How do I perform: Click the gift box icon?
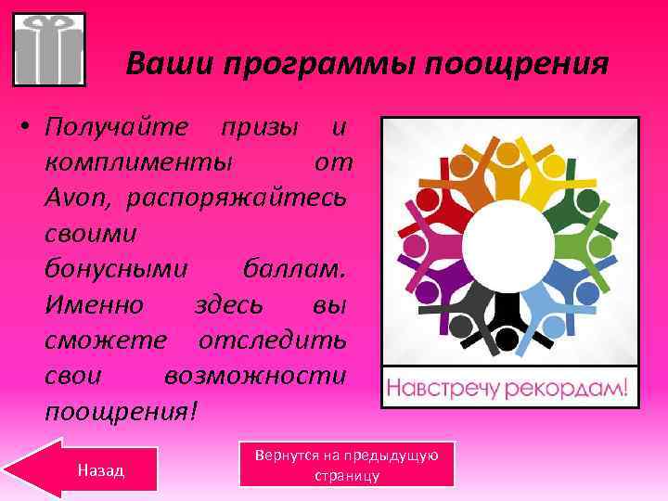click(49, 49)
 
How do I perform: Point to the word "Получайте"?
click(116, 125)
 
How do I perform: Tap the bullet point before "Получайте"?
click(29, 126)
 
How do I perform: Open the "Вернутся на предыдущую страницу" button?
click(346, 465)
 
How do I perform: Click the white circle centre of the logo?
click(509, 244)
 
